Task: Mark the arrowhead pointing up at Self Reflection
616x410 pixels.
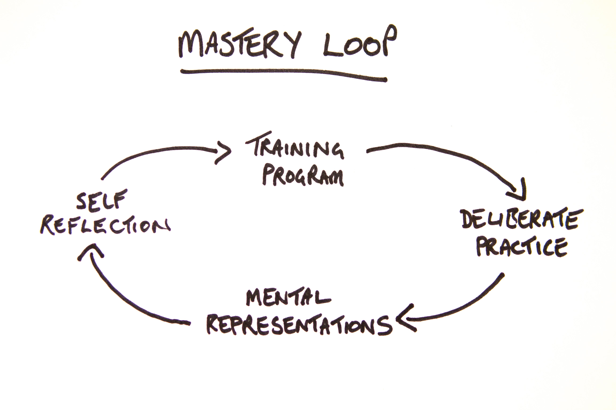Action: click(x=90, y=251)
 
